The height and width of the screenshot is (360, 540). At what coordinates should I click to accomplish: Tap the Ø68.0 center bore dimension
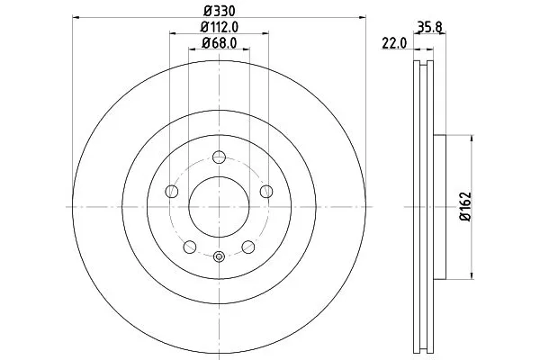tap(219, 43)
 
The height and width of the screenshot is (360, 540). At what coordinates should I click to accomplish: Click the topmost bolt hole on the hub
tap(219, 156)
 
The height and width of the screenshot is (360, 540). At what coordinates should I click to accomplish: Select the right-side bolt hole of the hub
tap(266, 190)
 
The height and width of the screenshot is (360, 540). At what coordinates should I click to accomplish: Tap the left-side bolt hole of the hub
tap(171, 190)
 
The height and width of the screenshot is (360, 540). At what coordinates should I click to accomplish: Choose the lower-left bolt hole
tap(189, 247)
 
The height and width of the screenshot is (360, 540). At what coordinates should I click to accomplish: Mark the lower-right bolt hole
tap(248, 247)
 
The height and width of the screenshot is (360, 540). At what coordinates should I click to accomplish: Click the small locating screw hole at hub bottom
tap(219, 256)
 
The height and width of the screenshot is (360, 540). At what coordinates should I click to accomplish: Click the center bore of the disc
tap(219, 206)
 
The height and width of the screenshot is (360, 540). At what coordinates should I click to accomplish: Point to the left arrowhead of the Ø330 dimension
tap(75, 17)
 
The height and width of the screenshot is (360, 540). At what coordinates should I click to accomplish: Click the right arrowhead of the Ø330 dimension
tap(364, 17)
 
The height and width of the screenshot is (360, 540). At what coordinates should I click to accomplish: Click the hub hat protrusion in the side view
tap(440, 206)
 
